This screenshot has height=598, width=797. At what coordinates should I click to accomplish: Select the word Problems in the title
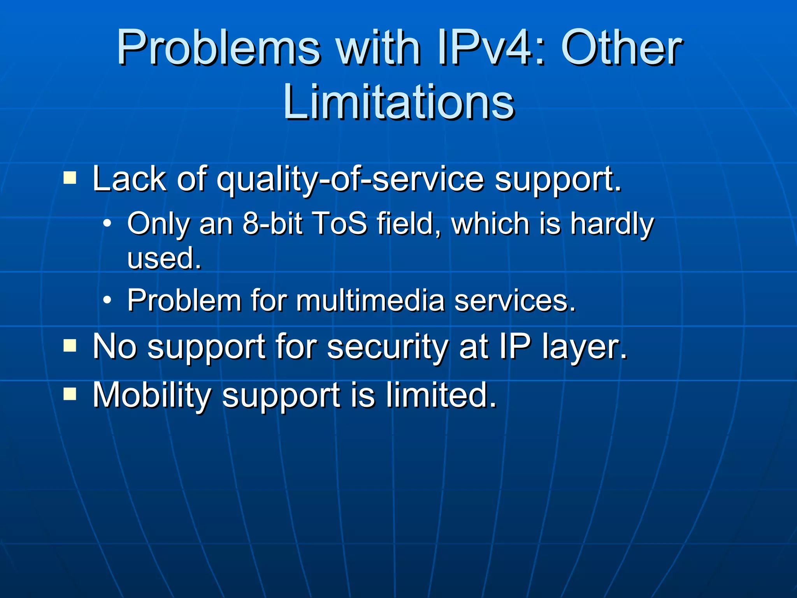coord(218,48)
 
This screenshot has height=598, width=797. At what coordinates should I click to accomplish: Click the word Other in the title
coord(621,48)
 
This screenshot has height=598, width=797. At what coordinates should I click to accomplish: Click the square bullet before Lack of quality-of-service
coord(70,178)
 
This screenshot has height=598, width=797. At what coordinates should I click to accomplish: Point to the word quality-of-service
coord(350,180)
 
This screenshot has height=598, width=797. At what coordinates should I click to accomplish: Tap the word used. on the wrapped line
coord(164,259)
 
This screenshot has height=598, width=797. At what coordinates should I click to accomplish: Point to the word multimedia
coord(370,301)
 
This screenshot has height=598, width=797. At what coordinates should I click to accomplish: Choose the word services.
coord(514,301)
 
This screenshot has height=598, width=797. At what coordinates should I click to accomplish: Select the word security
coord(388,347)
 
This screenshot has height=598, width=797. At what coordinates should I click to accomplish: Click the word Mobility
coord(152,396)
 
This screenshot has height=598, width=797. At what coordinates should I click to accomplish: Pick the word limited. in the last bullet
coord(441,395)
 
